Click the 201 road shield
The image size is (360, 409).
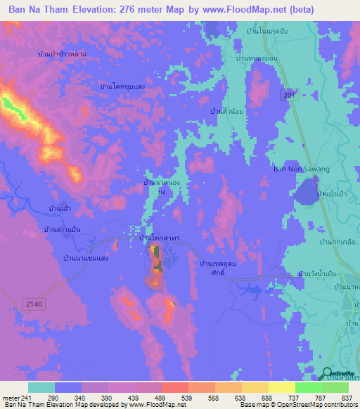(x=287, y=95)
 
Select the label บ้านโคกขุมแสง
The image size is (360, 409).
(x=122, y=86)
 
